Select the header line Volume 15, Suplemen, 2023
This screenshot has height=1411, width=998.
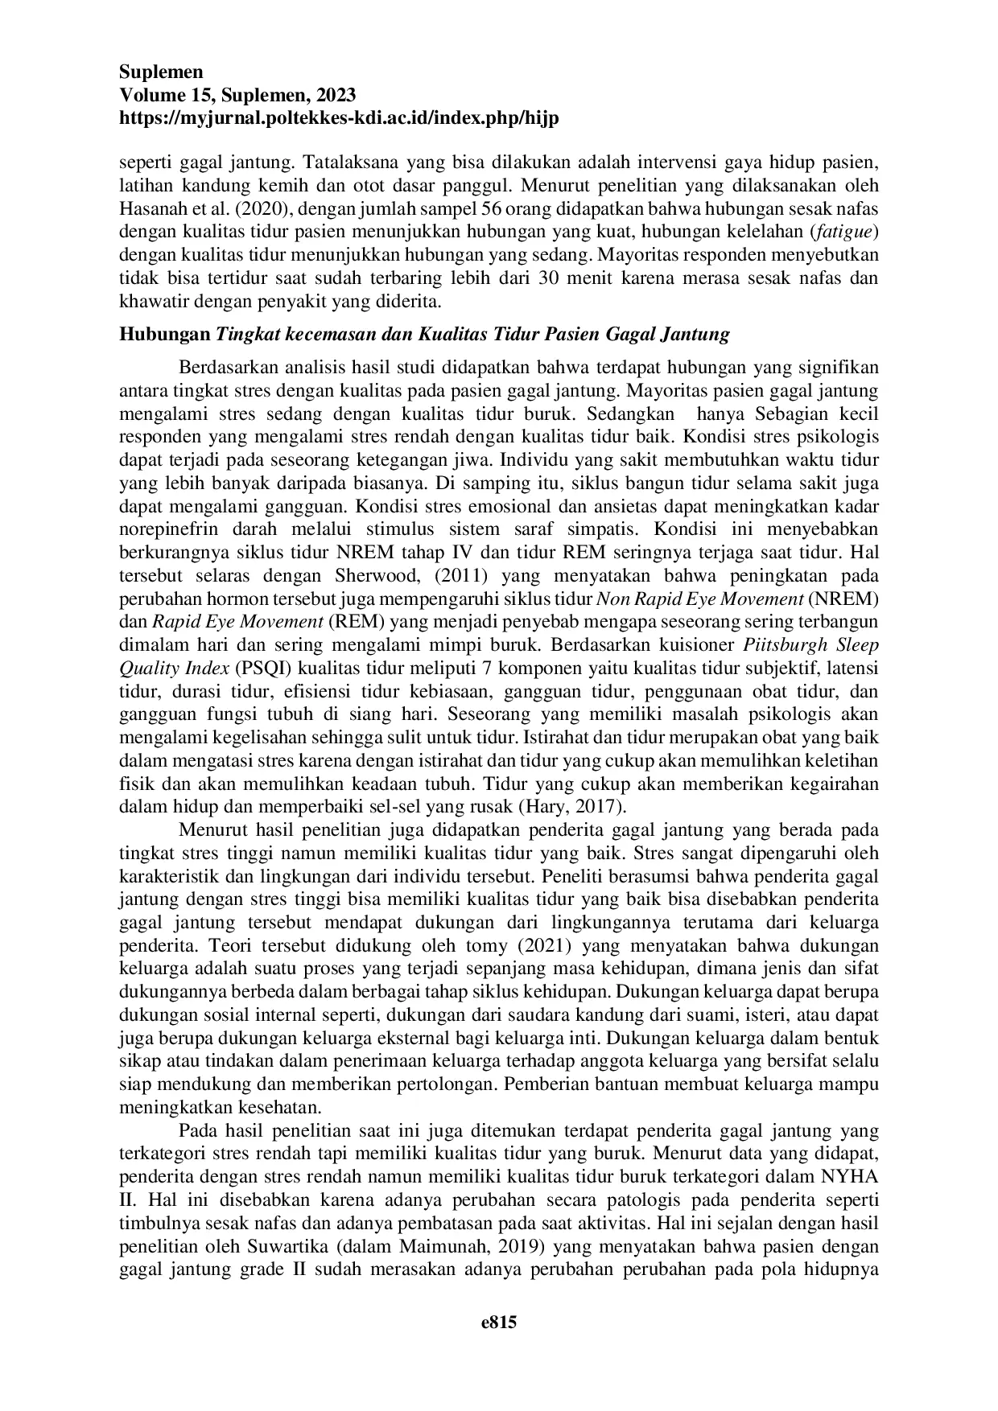[237, 95]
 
